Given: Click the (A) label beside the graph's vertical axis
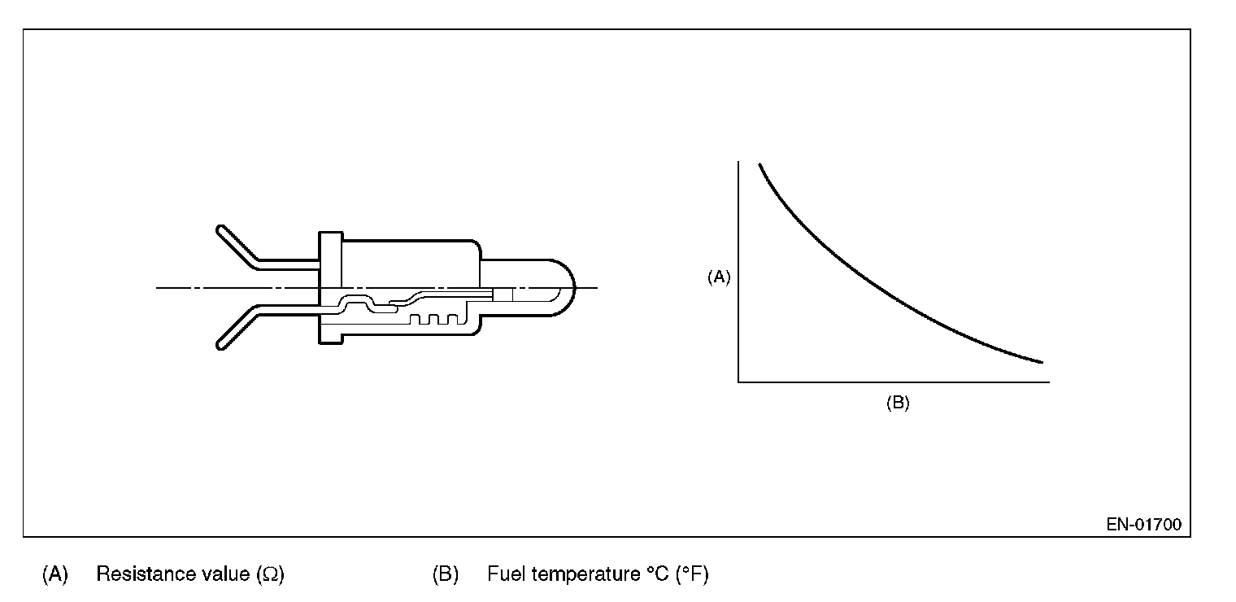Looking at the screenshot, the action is (719, 277).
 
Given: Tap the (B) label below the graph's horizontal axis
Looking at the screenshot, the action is (897, 404).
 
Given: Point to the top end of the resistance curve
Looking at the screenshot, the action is (760, 165).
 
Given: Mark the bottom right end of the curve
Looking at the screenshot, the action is (1040, 361).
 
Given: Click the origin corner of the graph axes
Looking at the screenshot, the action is (738, 381).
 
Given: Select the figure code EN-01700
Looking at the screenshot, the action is (1143, 525).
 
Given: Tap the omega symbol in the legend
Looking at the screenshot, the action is (269, 575).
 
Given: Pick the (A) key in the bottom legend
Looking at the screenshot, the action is (54, 574).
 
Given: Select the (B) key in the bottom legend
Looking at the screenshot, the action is (446, 574).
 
